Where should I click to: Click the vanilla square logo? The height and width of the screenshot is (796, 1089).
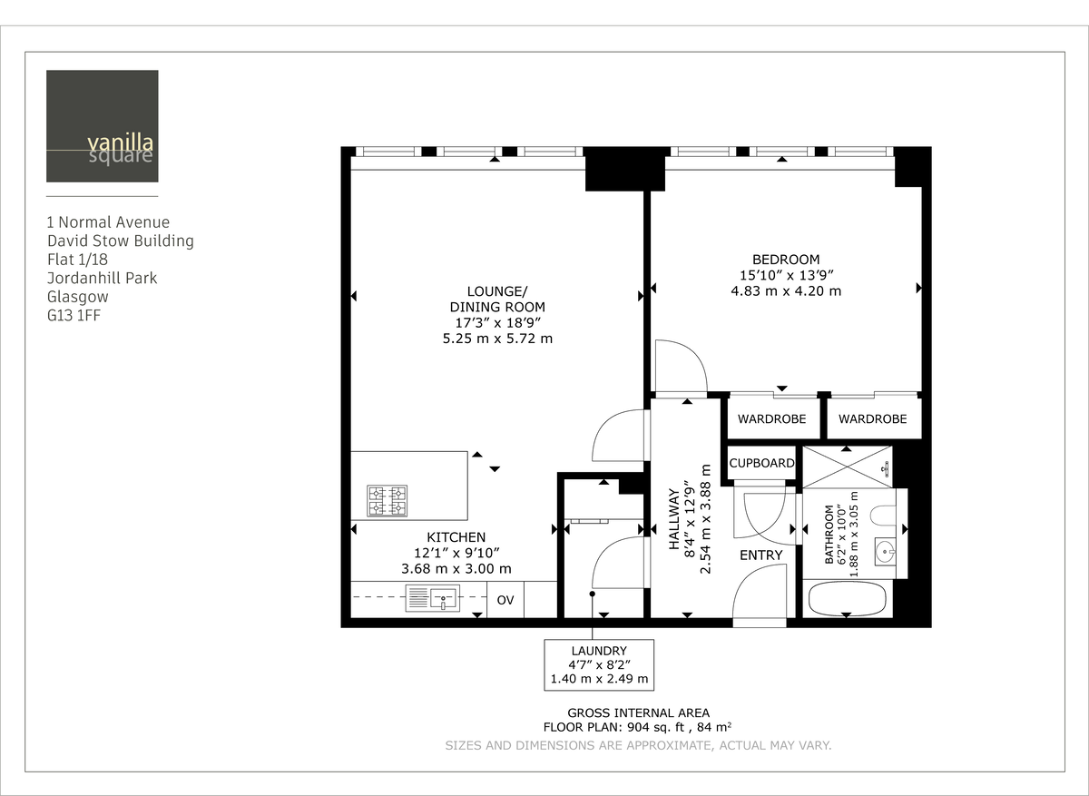click(102, 126)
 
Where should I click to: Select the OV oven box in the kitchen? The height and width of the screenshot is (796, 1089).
click(505, 600)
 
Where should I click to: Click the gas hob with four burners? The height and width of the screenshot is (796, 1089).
click(387, 500)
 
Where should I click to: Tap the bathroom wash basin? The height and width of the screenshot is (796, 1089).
click(885, 551)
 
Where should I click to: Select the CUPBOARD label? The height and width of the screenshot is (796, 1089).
click(762, 463)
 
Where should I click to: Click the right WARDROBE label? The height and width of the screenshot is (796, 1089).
click(872, 419)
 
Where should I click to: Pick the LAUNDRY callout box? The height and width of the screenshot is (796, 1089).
click(599, 664)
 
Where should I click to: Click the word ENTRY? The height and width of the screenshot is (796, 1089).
click(760, 555)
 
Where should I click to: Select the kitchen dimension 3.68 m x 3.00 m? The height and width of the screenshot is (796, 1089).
click(456, 569)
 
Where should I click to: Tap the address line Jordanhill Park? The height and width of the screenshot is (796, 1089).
click(102, 278)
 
